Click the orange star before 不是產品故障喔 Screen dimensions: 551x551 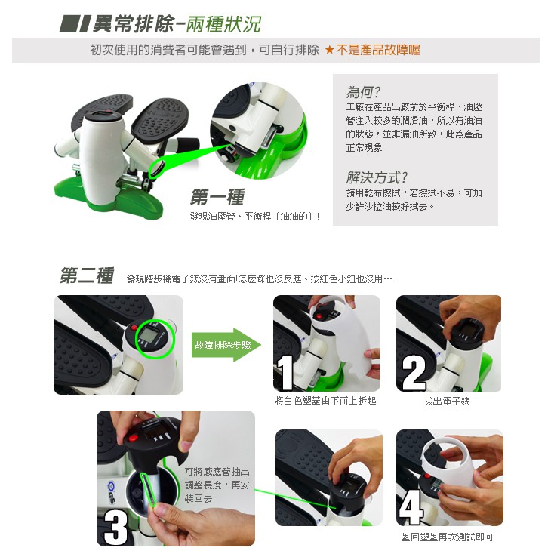(x=329, y=50)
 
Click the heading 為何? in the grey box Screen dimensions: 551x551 (x=363, y=92)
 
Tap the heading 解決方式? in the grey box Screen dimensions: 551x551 (x=377, y=177)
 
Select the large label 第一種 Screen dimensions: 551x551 (x=217, y=197)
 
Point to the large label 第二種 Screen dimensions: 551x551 (x=87, y=275)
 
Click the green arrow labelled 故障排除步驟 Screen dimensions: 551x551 (x=226, y=345)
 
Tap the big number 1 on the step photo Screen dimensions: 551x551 (x=285, y=372)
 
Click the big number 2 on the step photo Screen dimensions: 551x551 (x=414, y=373)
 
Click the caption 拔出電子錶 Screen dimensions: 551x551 (x=447, y=401)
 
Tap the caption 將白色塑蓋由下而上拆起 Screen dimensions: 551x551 (x=325, y=401)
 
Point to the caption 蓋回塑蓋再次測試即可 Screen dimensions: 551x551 (x=448, y=537)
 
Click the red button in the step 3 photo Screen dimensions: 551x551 (x=133, y=439)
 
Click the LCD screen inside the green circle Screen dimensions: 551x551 (x=146, y=336)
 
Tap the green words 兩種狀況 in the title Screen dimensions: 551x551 (x=223, y=25)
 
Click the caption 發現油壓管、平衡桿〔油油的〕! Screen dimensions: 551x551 (x=255, y=217)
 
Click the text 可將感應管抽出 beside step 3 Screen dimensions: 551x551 (x=217, y=471)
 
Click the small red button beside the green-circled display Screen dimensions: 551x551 (x=134, y=328)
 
